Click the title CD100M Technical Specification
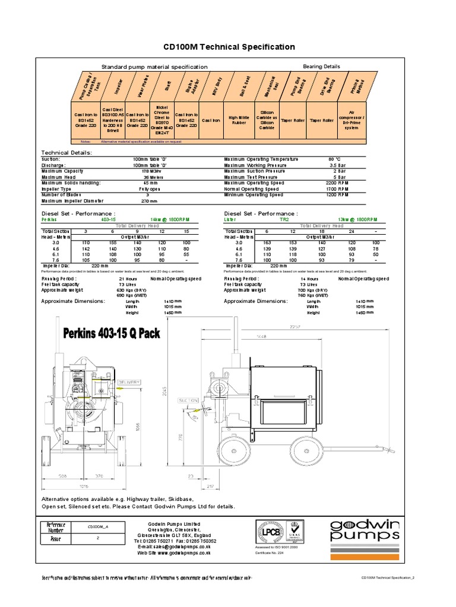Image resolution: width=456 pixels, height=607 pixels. click(229, 46)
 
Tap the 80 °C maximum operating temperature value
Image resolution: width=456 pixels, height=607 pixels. click(334, 159)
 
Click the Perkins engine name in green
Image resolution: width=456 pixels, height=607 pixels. click(50, 218)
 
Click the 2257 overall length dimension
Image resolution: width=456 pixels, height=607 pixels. click(312, 327)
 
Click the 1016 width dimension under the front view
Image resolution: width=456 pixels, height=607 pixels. click(83, 485)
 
